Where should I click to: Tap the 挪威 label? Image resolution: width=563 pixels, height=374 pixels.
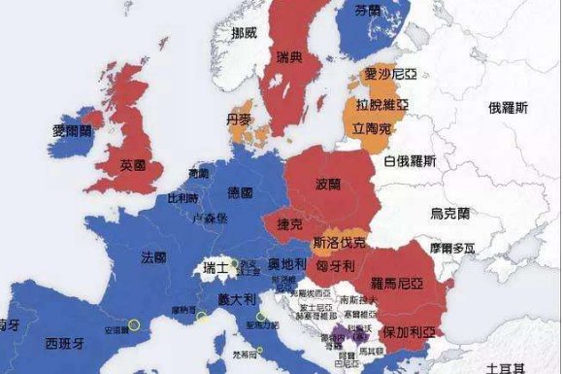click(245, 34)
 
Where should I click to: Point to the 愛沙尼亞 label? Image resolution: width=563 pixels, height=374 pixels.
click(386, 74)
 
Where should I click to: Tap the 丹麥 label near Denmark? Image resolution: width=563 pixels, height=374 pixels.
click(239, 119)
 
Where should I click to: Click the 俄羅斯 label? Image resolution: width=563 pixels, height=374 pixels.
click(508, 108)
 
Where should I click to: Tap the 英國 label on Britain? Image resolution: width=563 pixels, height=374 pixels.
click(133, 165)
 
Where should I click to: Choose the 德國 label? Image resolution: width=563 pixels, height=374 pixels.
click(240, 192)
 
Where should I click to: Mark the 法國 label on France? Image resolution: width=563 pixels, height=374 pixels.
click(153, 257)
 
